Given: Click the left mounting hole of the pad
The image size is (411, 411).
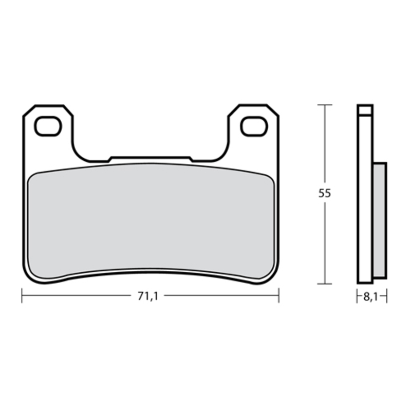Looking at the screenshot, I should coord(48,126).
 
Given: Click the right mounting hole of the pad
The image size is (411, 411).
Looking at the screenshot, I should coord(254,126).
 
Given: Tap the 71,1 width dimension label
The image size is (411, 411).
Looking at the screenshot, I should coord(147,296).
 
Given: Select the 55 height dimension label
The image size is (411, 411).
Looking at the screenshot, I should coord(324,194).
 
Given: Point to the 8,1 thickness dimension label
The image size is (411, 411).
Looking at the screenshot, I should coord(371,297).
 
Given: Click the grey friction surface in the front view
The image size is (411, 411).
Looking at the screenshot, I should coord(150,221).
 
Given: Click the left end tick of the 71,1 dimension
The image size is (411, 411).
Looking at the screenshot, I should coord(22,295).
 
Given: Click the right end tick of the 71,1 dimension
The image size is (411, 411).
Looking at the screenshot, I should coord(278,295).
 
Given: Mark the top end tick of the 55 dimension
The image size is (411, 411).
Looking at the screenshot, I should coord(324,105).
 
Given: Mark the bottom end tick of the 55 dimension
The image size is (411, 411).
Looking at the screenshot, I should coord(324,283).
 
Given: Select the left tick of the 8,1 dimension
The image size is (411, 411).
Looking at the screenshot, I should coord(358,296).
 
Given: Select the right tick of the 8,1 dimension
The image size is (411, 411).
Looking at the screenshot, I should coord(386,296).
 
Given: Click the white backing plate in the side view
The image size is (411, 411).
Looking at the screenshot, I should coord(365,206).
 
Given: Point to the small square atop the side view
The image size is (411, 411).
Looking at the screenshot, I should coord(365,109).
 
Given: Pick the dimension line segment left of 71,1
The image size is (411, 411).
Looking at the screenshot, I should coord(77,295).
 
